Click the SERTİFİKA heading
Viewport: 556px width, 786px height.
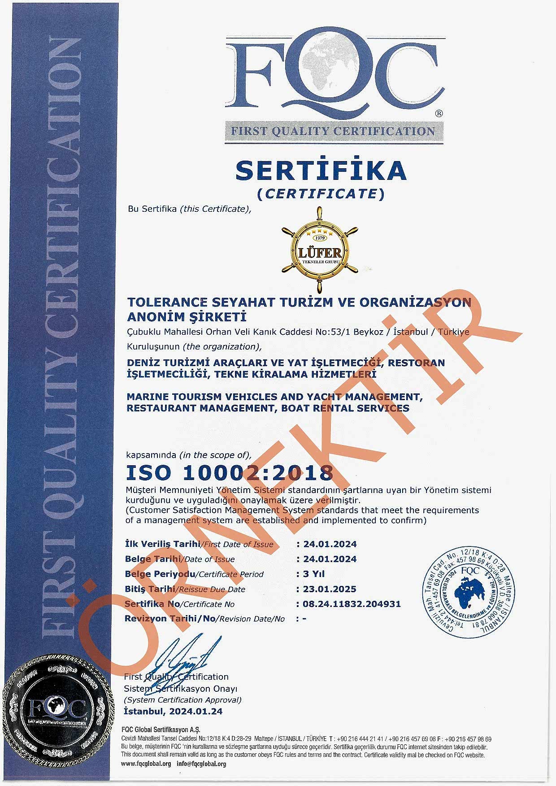click(321, 170)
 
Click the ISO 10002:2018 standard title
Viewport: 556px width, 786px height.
click(230, 472)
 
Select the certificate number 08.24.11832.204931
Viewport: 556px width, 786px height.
click(352, 604)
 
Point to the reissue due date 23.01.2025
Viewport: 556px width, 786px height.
click(330, 589)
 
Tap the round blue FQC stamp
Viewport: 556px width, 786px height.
click(469, 592)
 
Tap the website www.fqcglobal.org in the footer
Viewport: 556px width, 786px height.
click(146, 764)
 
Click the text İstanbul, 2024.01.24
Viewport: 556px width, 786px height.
click(173, 712)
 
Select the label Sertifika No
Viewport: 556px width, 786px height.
click(152, 604)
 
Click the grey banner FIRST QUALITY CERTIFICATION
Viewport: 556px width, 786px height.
click(333, 131)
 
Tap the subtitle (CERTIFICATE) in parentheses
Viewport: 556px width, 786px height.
click(321, 193)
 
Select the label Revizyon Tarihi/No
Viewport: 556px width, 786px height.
click(170, 619)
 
